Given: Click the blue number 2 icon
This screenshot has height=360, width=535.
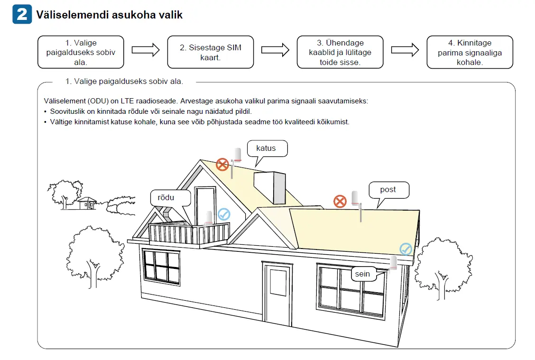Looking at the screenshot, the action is click(x=22, y=14).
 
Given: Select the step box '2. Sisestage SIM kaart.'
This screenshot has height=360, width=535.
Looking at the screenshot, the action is click(x=211, y=52).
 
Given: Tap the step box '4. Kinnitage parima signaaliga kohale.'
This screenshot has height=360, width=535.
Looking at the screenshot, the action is click(x=470, y=52).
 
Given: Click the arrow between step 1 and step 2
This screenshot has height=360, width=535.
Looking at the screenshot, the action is click(x=146, y=50).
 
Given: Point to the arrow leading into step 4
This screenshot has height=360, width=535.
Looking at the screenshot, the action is click(x=405, y=50).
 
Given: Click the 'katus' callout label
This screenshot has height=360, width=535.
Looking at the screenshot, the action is click(x=267, y=148).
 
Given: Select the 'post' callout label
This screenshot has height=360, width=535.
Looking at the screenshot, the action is click(x=388, y=190).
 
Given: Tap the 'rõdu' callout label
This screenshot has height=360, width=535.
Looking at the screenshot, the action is click(x=170, y=198).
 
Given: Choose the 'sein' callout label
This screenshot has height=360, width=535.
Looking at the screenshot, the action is click(x=364, y=274).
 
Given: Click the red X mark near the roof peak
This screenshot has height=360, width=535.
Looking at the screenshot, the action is click(x=222, y=165).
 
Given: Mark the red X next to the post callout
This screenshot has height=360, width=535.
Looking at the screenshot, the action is click(x=340, y=201).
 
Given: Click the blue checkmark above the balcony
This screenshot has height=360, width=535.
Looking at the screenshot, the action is click(x=224, y=214).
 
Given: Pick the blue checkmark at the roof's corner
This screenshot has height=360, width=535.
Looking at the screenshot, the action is click(x=406, y=249).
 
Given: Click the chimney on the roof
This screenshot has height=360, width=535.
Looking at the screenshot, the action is click(x=270, y=188).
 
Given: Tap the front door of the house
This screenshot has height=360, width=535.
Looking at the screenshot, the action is click(x=277, y=293).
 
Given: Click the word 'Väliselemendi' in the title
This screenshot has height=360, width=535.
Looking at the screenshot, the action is click(x=73, y=15).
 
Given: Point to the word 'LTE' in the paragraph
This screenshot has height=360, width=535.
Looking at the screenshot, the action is click(x=127, y=101).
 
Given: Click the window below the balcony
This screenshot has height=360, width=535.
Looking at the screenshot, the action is click(x=161, y=267).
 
